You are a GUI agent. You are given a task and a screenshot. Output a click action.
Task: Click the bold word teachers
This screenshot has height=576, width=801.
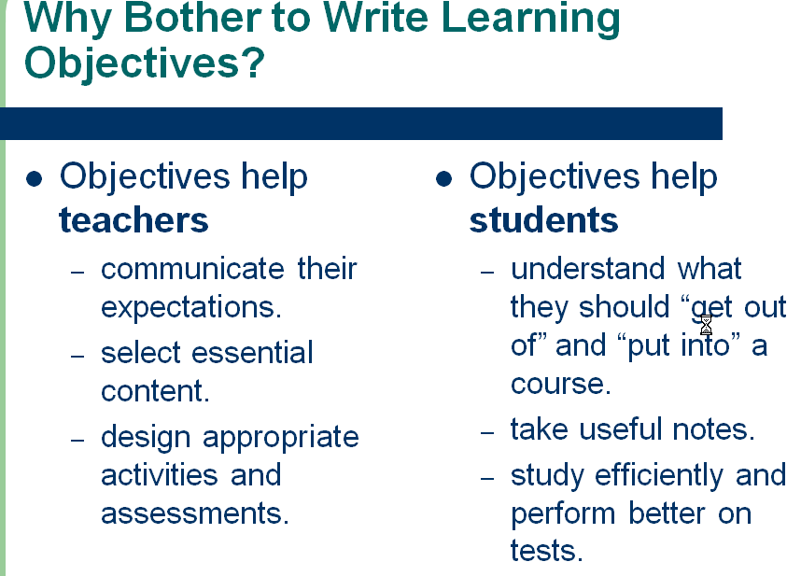tap(133, 220)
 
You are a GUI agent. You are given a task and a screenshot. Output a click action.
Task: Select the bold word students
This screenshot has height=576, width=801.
tap(543, 220)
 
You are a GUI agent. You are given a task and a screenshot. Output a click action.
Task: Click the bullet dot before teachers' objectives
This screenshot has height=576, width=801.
tap(35, 177)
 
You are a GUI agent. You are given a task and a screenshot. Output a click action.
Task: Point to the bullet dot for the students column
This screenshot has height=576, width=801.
tap(444, 177)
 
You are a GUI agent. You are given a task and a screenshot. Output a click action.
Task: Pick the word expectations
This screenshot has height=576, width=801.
tap(190, 307)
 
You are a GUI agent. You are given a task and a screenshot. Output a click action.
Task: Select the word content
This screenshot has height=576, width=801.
tap(155, 391)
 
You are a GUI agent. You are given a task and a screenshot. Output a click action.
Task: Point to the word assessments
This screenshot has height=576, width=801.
tap(195, 513)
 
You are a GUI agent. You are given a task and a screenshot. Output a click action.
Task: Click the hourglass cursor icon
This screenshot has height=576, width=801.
tap(706, 324)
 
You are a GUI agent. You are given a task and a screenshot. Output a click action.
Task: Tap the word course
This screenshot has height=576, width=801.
tap(560, 384)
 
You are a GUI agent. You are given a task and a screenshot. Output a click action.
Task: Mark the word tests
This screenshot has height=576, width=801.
tap(546, 551)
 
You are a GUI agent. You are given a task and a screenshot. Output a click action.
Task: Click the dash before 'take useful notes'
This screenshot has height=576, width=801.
tap(486, 432)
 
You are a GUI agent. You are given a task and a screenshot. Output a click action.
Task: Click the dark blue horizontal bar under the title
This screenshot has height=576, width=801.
tap(361, 123)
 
